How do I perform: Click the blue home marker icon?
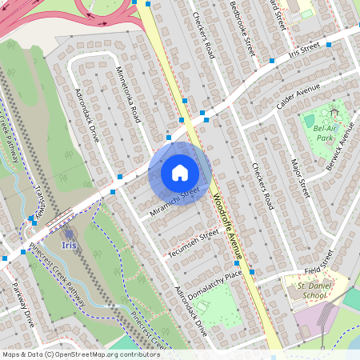(180, 173)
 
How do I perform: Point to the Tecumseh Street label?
(192, 243)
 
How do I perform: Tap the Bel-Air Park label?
(323, 132)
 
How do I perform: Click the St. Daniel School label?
(314, 290)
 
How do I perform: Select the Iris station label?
(69, 246)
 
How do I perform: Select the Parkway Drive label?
(22, 304)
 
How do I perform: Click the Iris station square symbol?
(69, 234)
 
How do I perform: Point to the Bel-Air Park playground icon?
(310, 121)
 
